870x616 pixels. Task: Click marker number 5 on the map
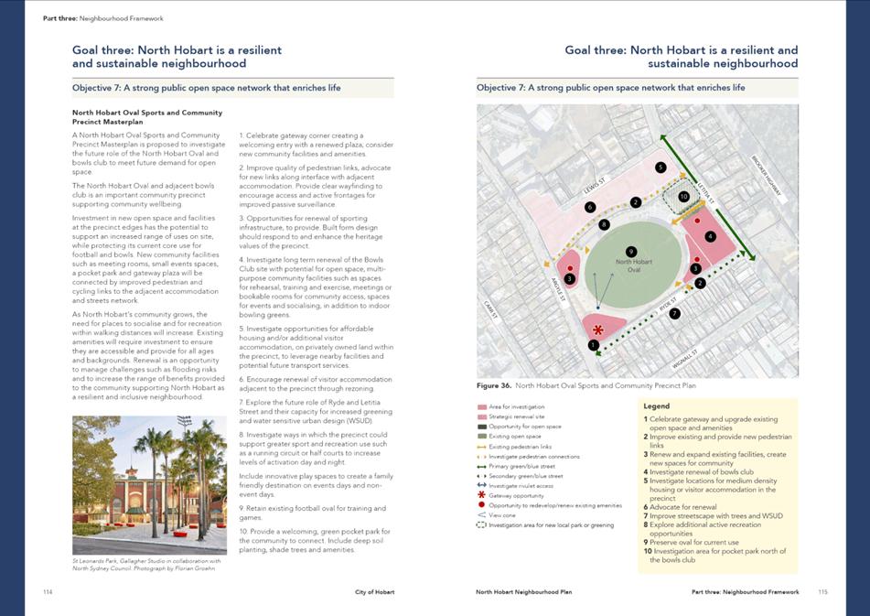661,168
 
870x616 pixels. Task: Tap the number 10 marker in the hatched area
683,196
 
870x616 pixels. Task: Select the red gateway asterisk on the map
598,330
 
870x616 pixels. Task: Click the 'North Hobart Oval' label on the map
633,265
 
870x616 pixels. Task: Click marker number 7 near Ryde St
674,314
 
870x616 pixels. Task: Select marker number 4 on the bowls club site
710,236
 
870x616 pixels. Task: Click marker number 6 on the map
590,207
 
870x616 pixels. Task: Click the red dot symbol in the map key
482,505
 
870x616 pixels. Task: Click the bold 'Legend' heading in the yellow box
657,405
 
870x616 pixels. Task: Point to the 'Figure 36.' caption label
495,386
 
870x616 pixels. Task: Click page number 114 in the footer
48,592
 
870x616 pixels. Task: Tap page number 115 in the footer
822,592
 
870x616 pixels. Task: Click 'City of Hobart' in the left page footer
375,592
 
